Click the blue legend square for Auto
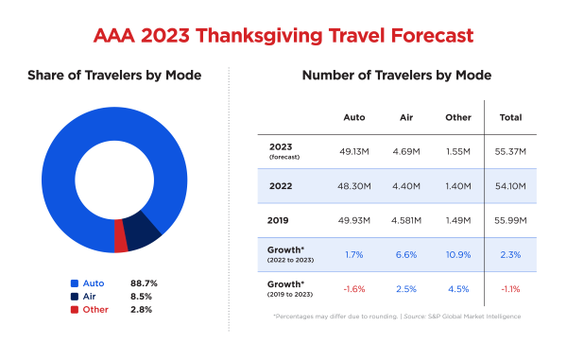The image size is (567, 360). click(x=74, y=283)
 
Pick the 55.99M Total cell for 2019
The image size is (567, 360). click(x=511, y=221)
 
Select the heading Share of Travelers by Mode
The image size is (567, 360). click(x=114, y=76)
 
